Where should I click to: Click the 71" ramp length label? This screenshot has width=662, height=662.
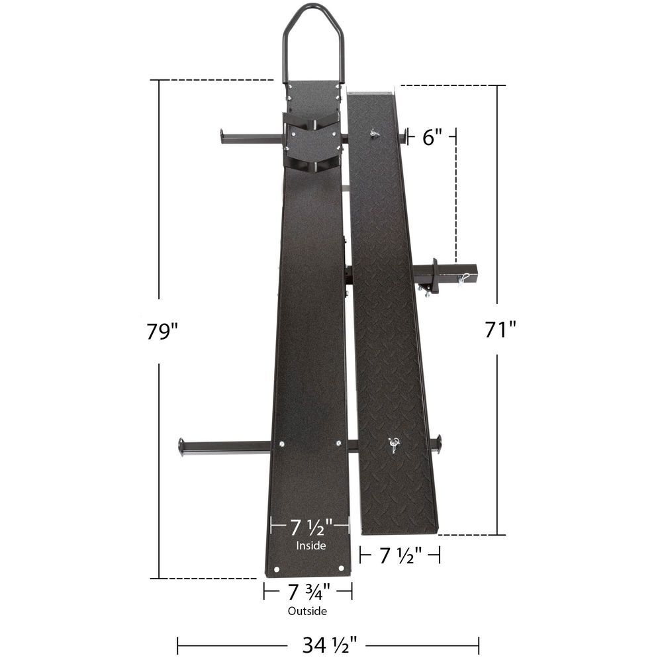500,329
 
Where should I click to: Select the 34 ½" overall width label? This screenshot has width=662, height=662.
327,642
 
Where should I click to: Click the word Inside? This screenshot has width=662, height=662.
310,546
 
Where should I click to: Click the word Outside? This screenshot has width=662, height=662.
307,611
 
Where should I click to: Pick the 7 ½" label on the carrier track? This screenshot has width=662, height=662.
310,528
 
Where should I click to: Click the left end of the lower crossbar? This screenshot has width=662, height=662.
182,446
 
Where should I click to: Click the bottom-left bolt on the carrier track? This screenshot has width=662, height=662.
278,568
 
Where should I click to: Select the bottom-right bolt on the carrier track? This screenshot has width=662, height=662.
341,568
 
